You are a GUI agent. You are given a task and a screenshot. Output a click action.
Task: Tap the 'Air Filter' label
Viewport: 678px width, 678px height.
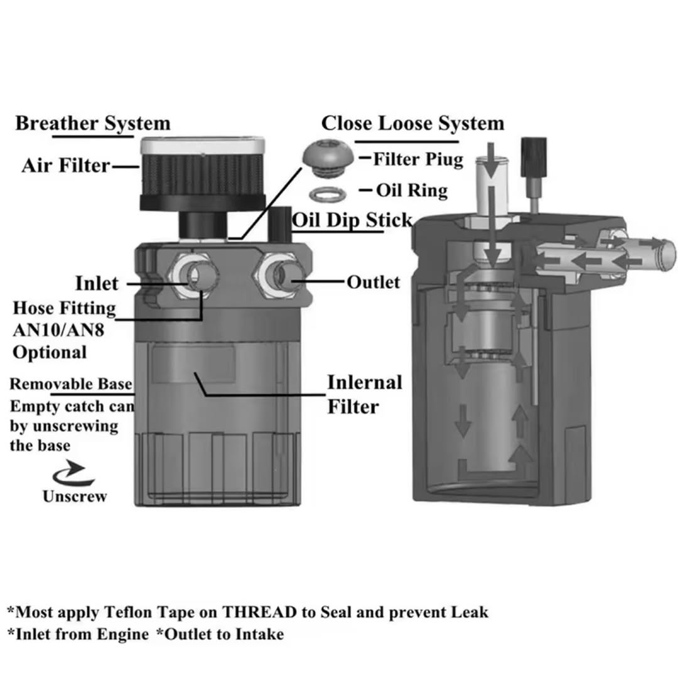tap(65, 166)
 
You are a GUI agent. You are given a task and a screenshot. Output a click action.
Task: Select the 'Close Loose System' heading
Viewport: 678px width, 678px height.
tap(412, 122)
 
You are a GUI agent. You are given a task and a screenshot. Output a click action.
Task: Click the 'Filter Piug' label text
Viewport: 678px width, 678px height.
tap(418, 159)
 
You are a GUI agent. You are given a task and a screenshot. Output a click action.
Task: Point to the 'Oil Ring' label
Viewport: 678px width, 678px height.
tap(412, 190)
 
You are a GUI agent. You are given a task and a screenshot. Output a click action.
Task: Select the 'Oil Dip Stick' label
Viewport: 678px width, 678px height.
tap(352, 220)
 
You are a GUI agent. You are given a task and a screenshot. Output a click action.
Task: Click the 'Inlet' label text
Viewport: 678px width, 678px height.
tap(97, 283)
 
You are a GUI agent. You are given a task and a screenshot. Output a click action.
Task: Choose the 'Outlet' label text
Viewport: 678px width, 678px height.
tap(373, 282)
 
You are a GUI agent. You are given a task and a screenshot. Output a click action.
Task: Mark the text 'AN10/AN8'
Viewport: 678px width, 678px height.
tap(58, 330)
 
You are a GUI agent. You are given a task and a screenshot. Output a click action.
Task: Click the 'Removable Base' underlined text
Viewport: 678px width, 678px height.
tap(71, 384)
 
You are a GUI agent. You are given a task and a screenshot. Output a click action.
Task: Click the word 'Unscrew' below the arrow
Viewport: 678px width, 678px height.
tap(75, 496)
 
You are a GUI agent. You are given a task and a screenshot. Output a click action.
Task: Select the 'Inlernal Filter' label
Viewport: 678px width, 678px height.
tap(364, 394)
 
